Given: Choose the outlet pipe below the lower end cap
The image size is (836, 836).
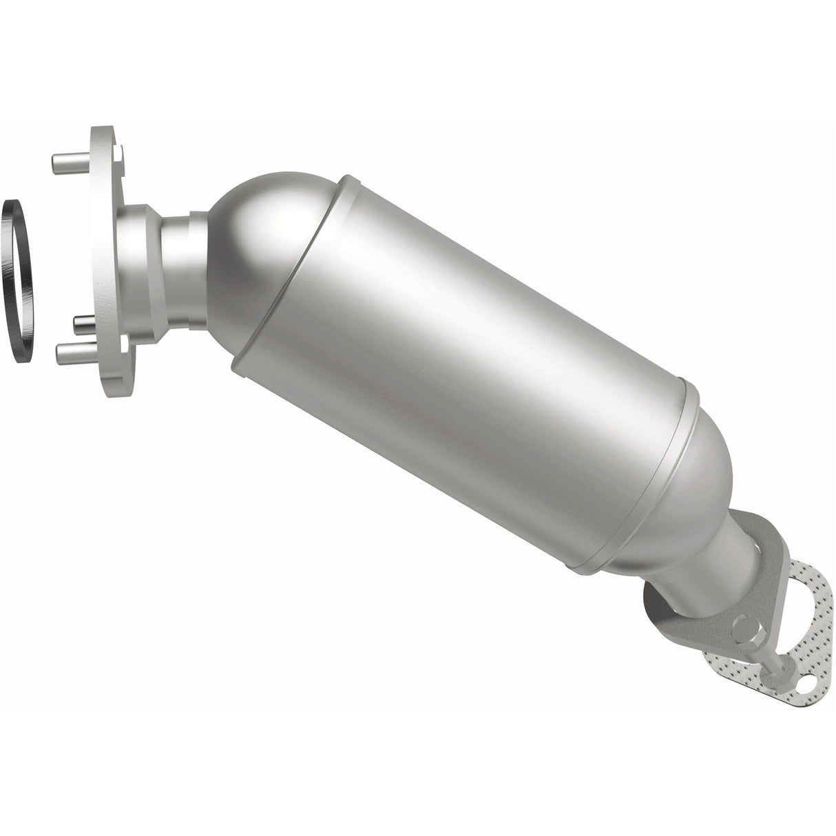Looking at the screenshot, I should tap(716, 565).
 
